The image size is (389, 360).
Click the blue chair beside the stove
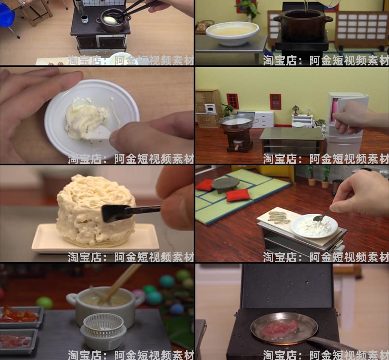(7, 17)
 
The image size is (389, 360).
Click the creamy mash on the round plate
(87, 118)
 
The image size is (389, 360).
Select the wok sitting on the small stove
(237, 122)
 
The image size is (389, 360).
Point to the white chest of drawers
(264, 119)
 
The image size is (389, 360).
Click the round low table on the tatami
(225, 183)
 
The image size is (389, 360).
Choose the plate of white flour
(314, 226)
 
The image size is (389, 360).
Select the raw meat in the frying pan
(280, 329)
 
